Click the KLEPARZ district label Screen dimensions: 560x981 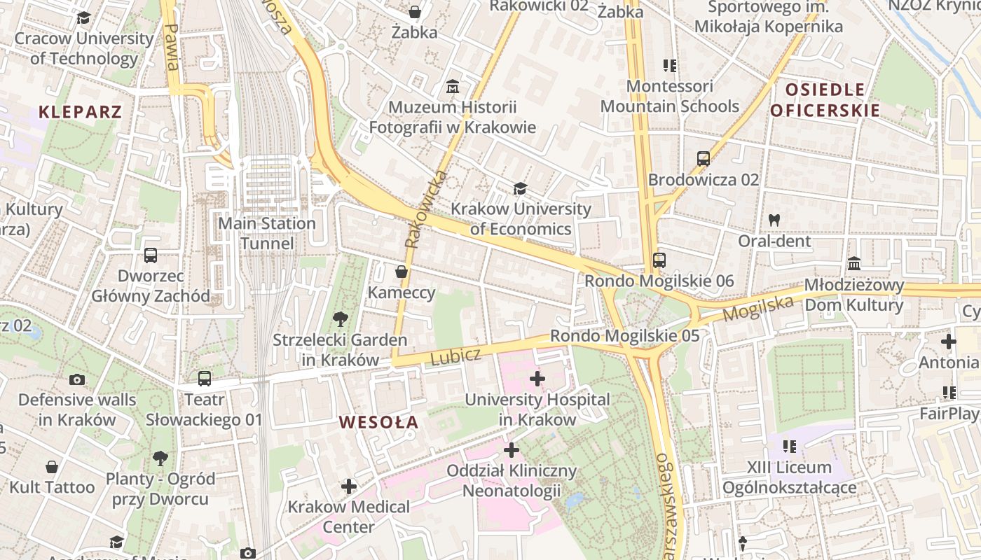tap(80, 111)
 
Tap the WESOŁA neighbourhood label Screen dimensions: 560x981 tap(378, 422)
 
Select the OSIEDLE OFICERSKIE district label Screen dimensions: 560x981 tap(825, 100)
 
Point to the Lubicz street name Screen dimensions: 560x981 tap(455, 357)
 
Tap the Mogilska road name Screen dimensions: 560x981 tap(758, 308)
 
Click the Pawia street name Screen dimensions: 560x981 tap(170, 48)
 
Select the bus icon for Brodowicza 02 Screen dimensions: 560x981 tap(704, 159)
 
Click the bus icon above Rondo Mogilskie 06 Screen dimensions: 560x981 tap(659, 260)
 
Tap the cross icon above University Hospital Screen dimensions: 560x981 tap(537, 379)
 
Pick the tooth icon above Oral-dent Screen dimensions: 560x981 tap(774, 220)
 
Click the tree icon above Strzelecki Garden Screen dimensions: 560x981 tap(340, 320)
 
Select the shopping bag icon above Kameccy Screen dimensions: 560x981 tap(402, 272)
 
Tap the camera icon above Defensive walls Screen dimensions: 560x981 tap(77, 379)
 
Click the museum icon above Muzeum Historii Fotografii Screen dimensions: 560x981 tap(453, 87)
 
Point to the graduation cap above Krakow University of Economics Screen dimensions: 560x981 tap(520, 188)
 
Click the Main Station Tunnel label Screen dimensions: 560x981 tap(267, 233)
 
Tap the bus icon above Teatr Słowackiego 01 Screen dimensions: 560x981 tap(204, 379)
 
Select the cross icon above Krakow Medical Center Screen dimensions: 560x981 tap(348, 486)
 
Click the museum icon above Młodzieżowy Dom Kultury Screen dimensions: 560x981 tap(854, 264)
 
